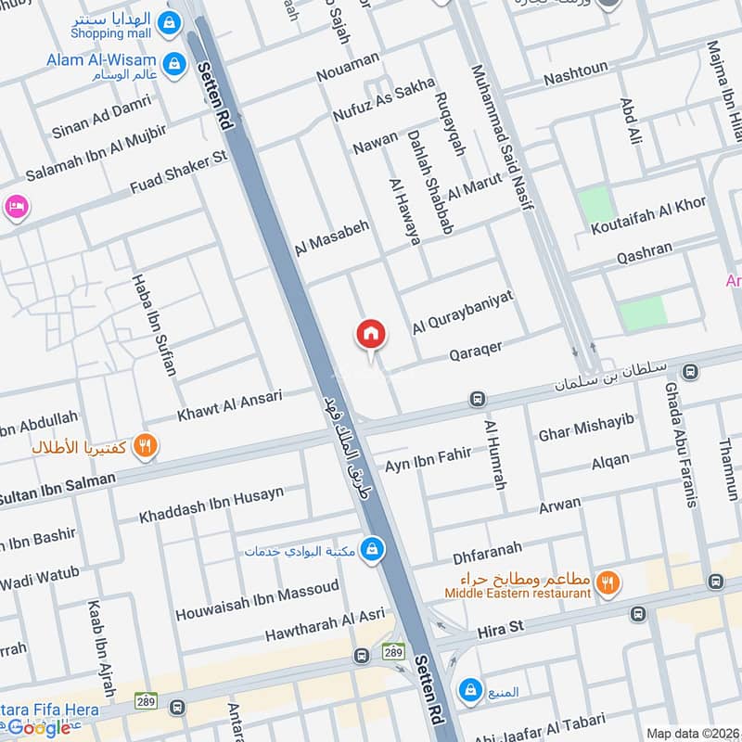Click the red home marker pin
[371, 333]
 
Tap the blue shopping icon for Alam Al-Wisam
[173, 64]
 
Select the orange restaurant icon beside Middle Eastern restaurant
[608, 582]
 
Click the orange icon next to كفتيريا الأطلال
[145, 446]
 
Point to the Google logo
[39, 728]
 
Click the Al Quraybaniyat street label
[463, 308]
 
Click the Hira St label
[500, 628]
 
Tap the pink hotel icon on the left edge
[15, 206]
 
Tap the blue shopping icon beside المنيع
[471, 690]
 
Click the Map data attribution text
[692, 733]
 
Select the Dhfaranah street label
[487, 551]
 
